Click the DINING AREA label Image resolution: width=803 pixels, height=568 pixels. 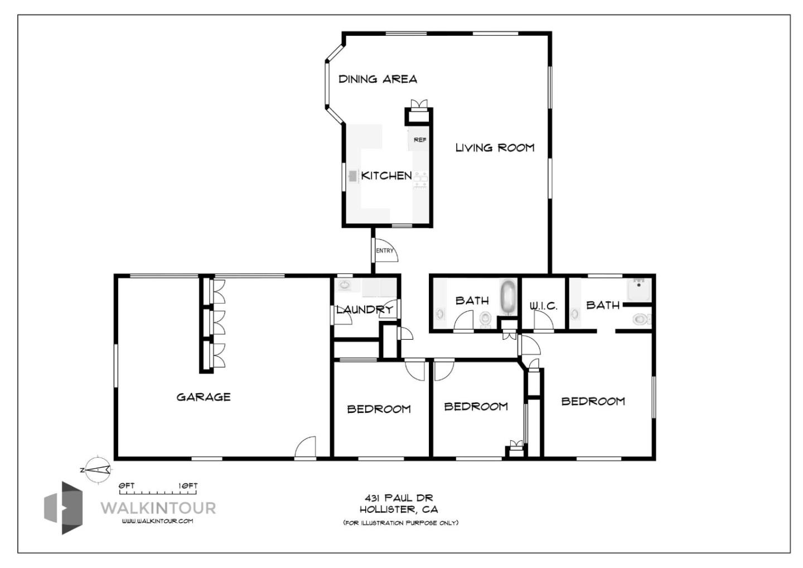(x=378, y=79)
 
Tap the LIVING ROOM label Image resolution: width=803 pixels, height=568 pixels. (x=495, y=148)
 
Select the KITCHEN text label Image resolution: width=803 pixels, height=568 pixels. (x=386, y=176)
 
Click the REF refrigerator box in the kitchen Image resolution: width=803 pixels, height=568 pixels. (x=419, y=139)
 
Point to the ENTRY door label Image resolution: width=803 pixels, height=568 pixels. (x=384, y=251)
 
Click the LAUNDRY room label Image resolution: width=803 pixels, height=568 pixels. (x=364, y=310)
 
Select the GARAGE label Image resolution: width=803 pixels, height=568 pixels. (x=204, y=397)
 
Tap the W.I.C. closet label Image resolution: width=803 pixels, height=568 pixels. (x=543, y=306)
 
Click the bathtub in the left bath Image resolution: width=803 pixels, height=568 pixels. (x=507, y=297)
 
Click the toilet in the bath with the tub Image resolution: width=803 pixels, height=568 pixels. (x=485, y=319)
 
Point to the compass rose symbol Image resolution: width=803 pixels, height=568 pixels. (x=98, y=470)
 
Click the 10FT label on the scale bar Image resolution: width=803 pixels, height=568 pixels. (x=188, y=486)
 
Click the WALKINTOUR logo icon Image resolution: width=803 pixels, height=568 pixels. (x=64, y=508)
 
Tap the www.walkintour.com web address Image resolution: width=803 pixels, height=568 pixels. (x=157, y=521)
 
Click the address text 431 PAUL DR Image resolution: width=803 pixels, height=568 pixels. (x=398, y=498)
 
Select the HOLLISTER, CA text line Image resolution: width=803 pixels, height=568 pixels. (x=398, y=509)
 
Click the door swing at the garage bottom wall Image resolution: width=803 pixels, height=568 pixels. (x=306, y=448)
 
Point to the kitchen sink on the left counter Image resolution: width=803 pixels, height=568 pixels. (x=352, y=176)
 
